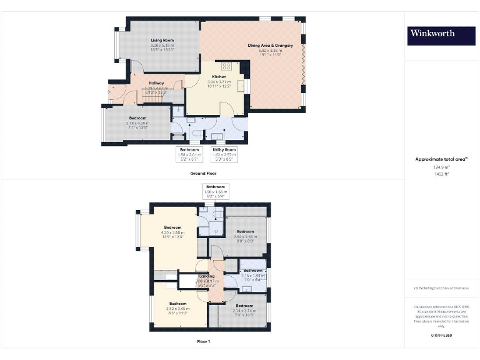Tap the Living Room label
pos(162,41)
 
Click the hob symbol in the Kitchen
pos(226,66)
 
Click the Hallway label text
pos(156,83)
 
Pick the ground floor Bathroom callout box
pos(189,154)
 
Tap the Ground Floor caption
pos(204,173)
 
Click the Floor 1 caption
pos(204,341)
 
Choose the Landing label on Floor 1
pos(207,276)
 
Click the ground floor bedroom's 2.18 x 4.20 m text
pos(138,123)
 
